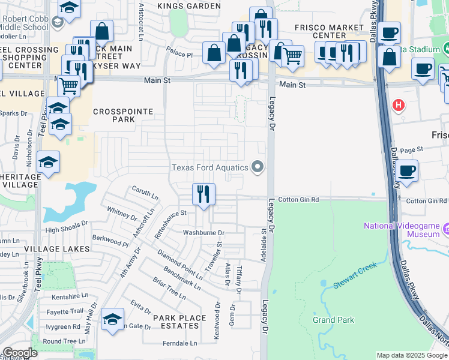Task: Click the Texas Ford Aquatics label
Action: (x=210, y=167)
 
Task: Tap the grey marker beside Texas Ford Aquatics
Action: (x=258, y=167)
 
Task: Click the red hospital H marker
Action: (x=398, y=106)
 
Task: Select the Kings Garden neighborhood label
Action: (x=190, y=6)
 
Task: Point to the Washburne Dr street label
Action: (x=203, y=233)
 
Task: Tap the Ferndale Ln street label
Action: (x=180, y=344)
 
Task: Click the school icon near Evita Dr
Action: (x=112, y=320)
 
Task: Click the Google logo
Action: (x=20, y=353)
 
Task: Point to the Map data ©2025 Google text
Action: (x=411, y=355)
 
